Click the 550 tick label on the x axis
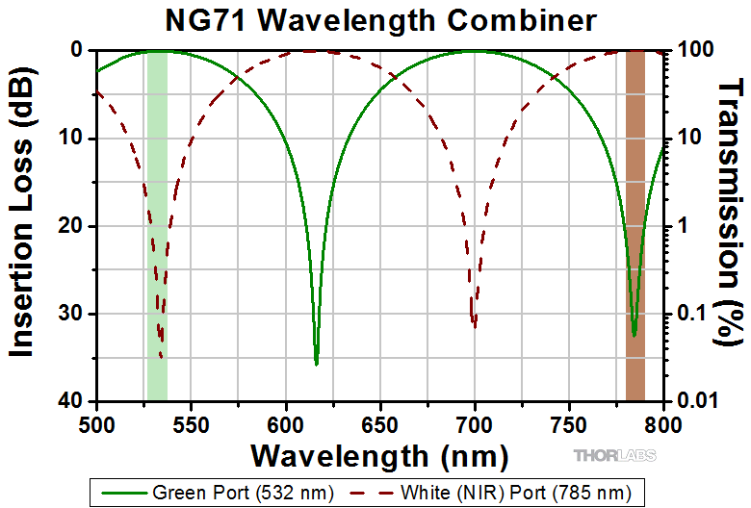point(191,420)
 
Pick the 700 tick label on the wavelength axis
point(475,420)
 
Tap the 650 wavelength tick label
point(380,420)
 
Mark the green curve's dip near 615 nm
point(316,360)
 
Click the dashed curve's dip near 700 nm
point(474,321)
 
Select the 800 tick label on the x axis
point(663,420)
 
